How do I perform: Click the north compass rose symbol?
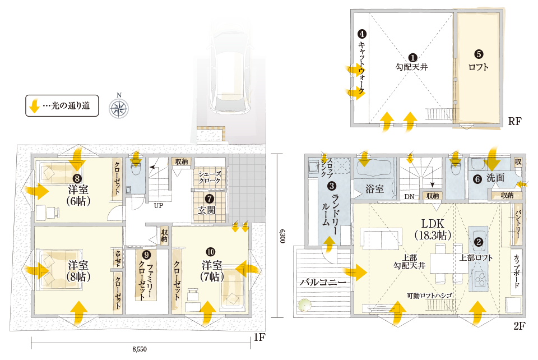119,108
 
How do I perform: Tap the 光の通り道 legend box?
62,105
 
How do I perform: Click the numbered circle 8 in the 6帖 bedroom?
77,178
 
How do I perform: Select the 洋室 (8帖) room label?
78,270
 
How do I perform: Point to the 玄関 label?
207,210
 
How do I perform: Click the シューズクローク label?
210,177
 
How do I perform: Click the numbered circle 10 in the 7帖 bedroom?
211,252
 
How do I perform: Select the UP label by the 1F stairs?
159,205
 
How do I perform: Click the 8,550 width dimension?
140,349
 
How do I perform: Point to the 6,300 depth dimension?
282,236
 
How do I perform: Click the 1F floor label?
259,338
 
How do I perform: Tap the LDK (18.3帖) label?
433,229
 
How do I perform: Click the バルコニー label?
323,282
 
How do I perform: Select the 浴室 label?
374,188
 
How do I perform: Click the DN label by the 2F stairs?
409,197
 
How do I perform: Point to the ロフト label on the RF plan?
479,67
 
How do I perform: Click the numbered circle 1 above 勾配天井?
412,57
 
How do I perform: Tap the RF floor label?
514,122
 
